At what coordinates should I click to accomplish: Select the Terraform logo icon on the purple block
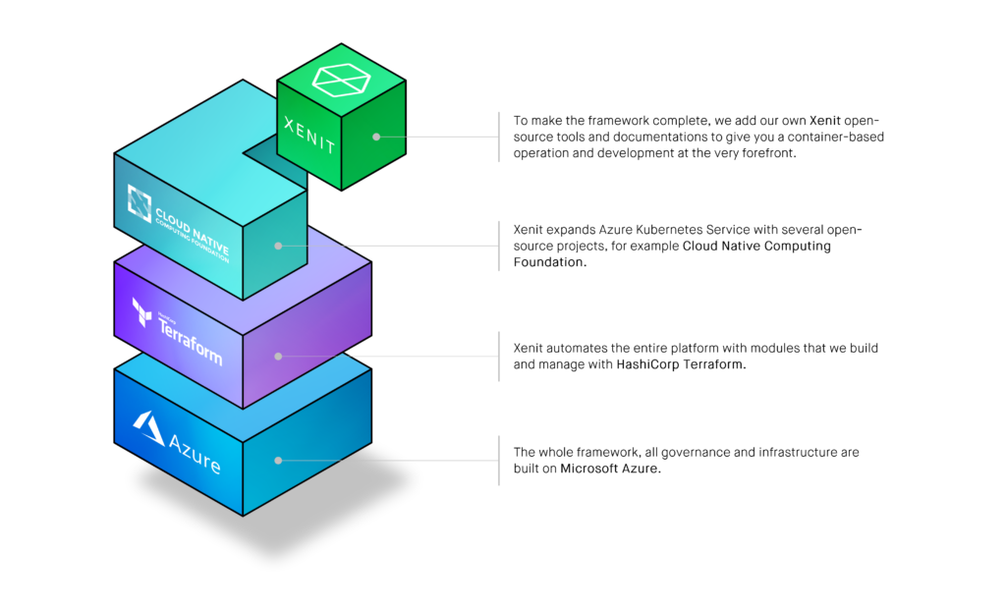[x=142, y=311]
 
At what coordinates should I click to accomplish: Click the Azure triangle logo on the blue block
[x=148, y=427]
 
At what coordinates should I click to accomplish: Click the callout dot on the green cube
[x=376, y=138]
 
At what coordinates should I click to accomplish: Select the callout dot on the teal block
[x=279, y=246]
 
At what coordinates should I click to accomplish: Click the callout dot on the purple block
[x=279, y=356]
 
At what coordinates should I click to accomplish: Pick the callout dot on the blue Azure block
[x=279, y=460]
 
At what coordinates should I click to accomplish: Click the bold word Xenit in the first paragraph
[x=825, y=120]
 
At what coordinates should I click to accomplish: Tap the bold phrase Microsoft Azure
[x=610, y=470]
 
